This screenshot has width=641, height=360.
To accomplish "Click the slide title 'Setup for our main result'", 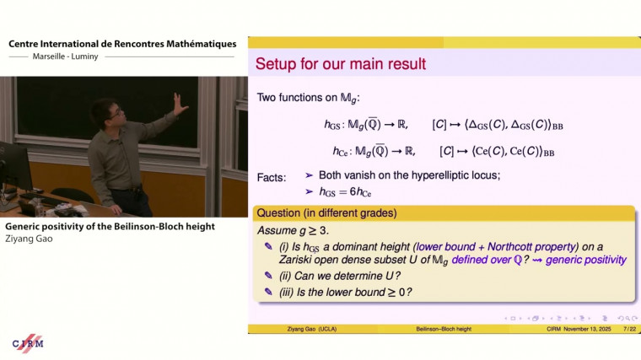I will coord(340,64).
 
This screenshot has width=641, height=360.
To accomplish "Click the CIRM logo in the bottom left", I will coord(29,343).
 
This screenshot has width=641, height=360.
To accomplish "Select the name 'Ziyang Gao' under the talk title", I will coord(28,239).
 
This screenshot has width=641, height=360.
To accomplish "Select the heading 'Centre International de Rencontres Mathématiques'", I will coord(122,44).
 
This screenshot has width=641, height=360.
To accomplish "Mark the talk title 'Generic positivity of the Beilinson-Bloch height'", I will coord(110,226).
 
